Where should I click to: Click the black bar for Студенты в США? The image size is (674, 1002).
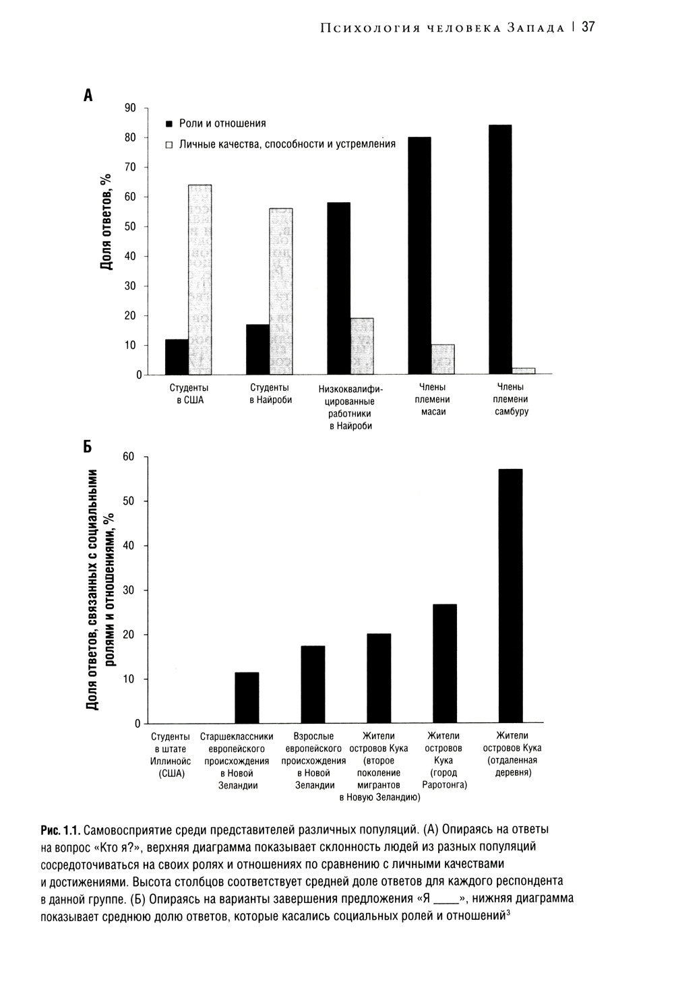(x=177, y=356)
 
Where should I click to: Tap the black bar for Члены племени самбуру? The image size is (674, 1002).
(x=499, y=249)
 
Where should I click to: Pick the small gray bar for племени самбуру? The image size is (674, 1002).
(x=523, y=371)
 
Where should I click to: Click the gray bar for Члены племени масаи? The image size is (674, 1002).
(x=442, y=359)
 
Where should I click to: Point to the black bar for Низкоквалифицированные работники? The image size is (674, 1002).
(x=338, y=288)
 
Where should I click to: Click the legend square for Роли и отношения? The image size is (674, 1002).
(x=170, y=124)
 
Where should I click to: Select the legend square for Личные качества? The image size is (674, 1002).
(x=170, y=145)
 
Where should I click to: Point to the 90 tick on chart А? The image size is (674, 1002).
(x=130, y=108)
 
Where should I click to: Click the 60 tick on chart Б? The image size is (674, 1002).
(x=129, y=457)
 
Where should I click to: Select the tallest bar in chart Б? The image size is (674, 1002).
(x=510, y=596)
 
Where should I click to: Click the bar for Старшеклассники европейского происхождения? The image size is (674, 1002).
(x=247, y=697)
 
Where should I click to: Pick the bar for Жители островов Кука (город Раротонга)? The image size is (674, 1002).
(x=444, y=664)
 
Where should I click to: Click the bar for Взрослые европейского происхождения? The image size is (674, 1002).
(x=313, y=685)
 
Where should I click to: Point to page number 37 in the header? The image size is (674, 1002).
(x=588, y=27)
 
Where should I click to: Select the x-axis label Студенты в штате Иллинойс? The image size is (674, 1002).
(x=171, y=755)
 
